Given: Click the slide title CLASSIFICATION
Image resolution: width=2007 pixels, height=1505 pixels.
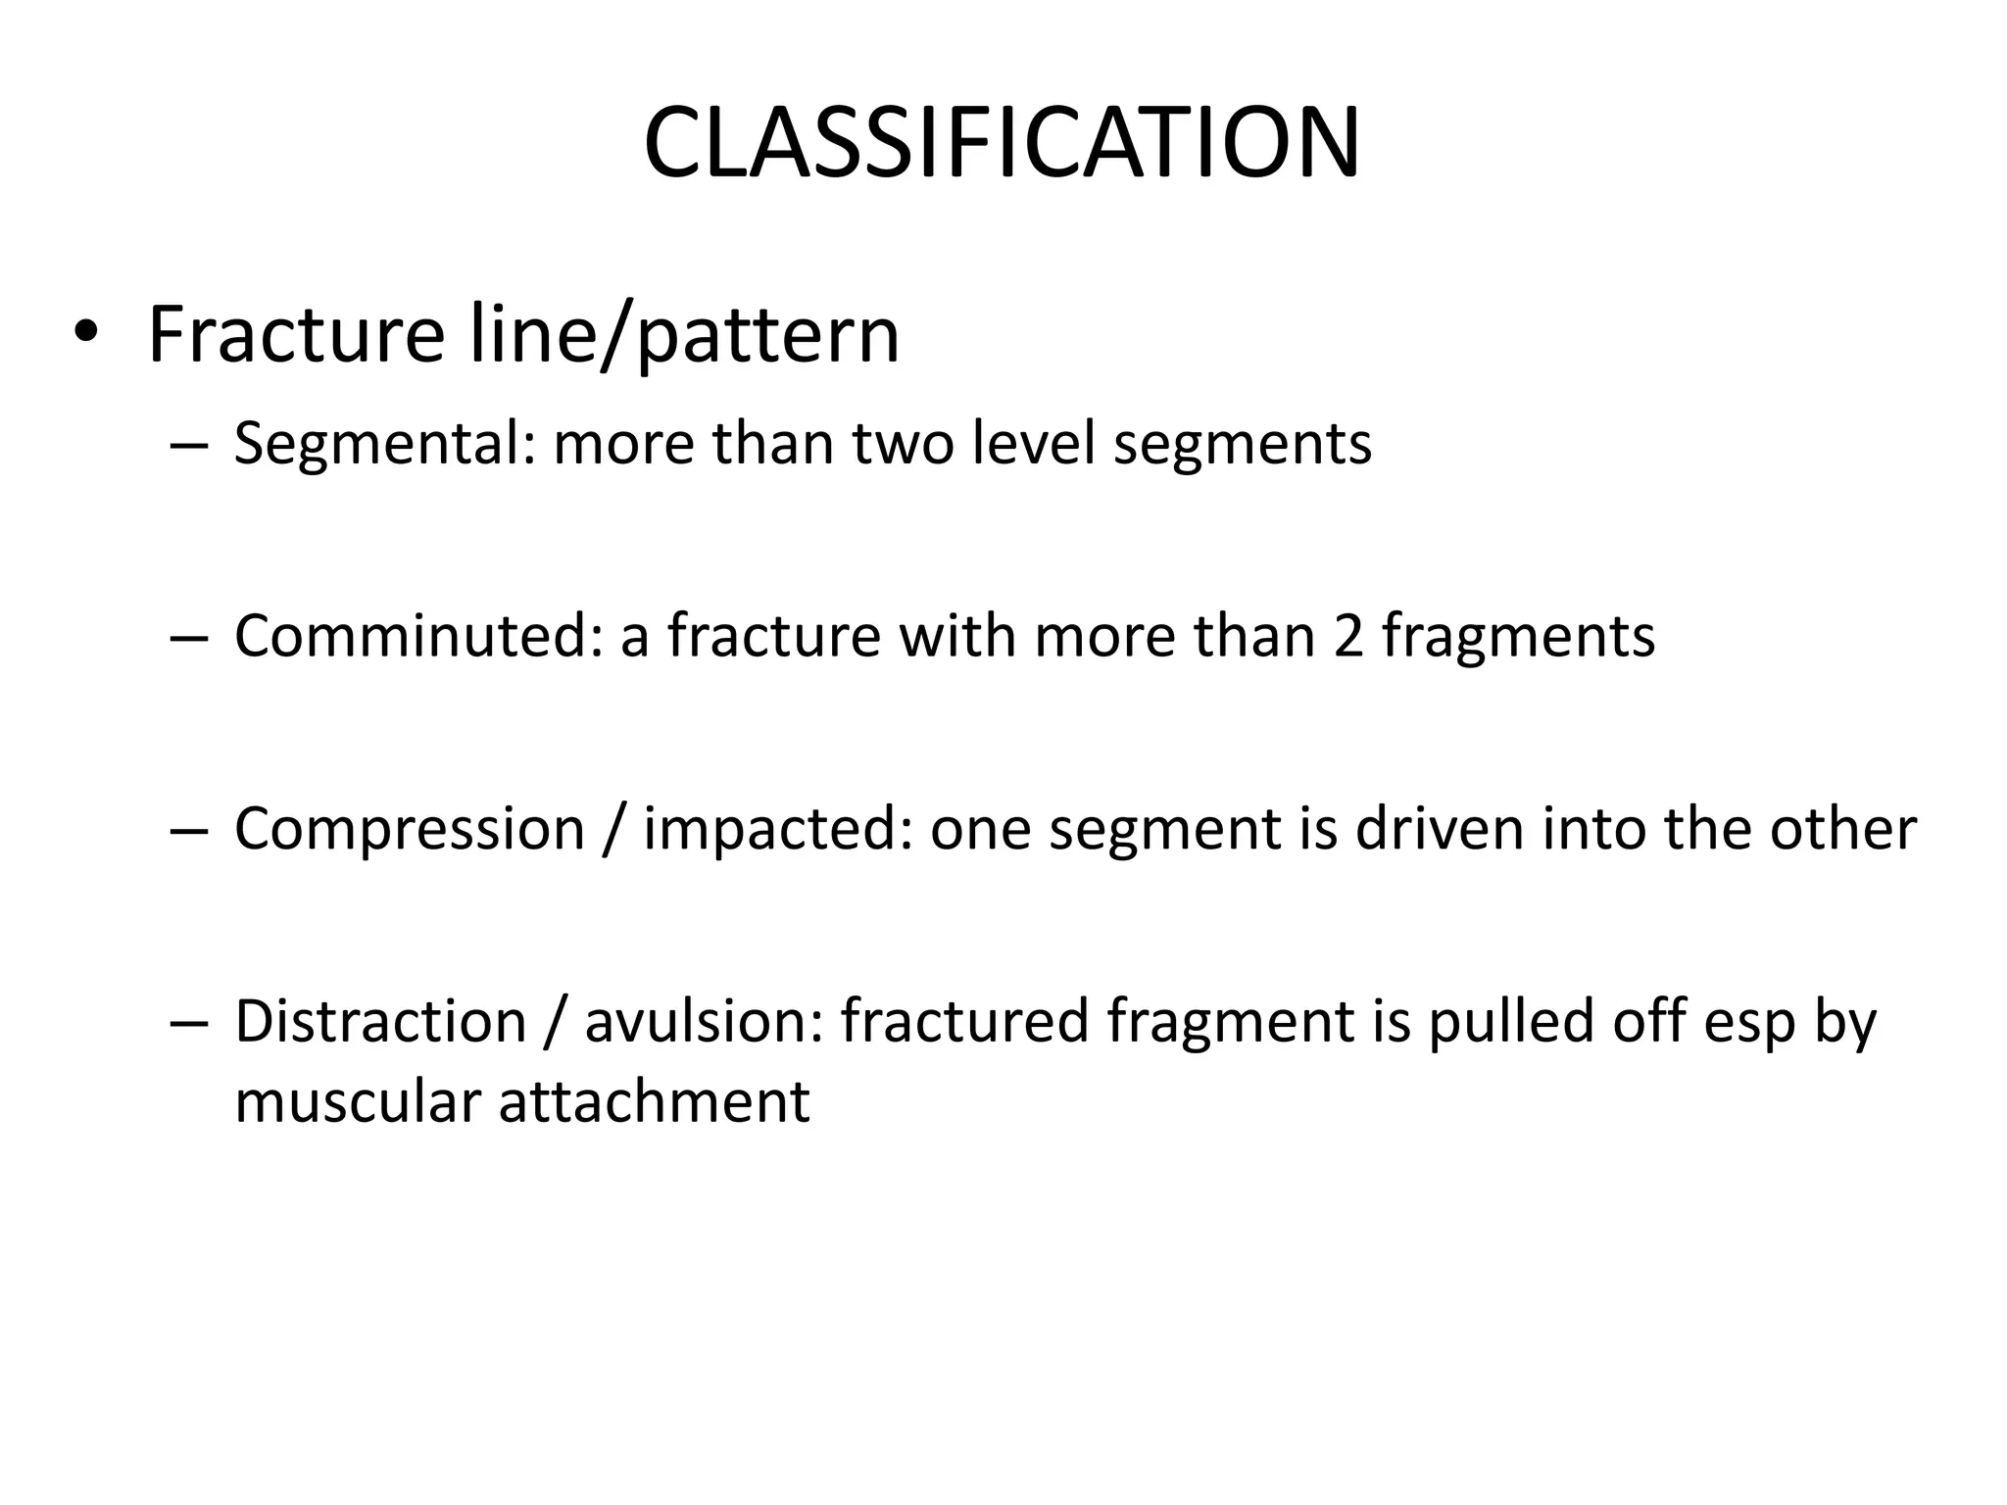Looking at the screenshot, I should tap(1002, 144).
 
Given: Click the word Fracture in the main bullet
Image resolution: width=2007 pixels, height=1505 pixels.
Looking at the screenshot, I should tap(296, 335).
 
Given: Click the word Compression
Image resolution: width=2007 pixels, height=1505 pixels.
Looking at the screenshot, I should tap(409, 830).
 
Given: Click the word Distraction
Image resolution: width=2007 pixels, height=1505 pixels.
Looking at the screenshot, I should tap(380, 1021).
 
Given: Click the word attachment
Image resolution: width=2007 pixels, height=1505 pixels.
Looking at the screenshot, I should tap(654, 1101).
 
